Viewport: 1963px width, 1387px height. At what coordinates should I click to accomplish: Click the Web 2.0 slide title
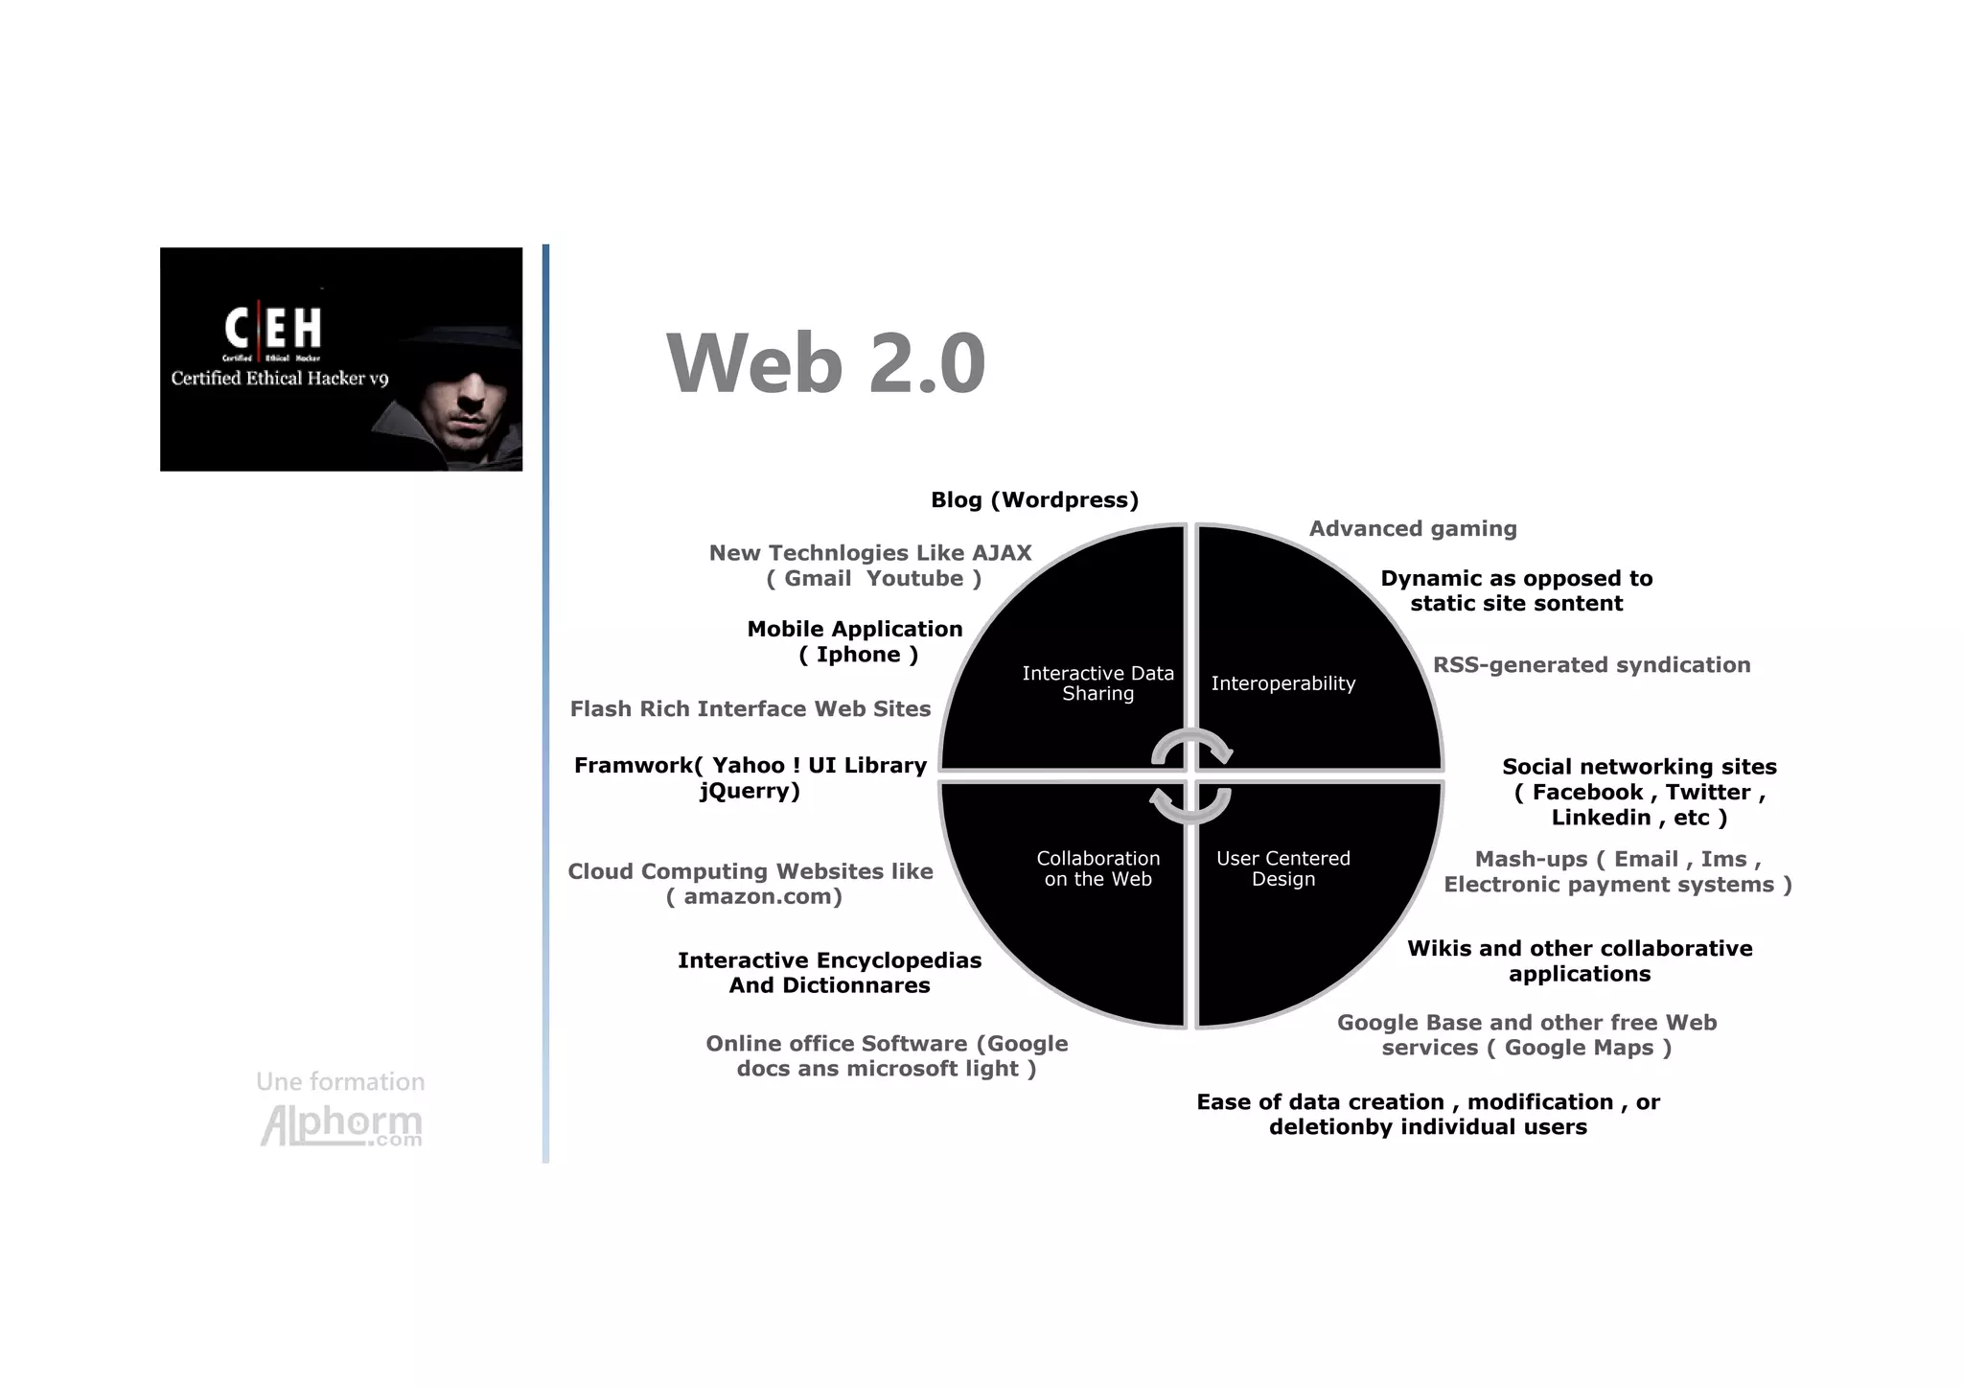[825, 363]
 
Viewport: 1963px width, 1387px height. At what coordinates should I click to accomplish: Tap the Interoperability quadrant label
[1282, 683]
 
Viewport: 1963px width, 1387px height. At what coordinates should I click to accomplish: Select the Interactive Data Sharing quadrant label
[1097, 683]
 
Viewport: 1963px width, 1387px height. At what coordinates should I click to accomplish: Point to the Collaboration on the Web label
[1097, 868]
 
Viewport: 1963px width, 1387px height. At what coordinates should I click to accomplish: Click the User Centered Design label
[1282, 868]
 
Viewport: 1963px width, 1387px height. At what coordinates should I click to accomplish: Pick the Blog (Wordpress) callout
[1034, 500]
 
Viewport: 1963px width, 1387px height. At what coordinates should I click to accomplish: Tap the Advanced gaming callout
[1413, 529]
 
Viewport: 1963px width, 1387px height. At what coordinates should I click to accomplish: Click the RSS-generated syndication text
[1591, 665]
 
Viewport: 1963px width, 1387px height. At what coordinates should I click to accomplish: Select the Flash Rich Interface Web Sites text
[750, 709]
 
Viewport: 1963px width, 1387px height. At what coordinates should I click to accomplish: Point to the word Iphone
[858, 655]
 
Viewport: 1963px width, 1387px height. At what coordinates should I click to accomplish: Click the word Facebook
[1586, 793]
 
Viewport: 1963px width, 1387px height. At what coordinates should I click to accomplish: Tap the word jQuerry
[748, 792]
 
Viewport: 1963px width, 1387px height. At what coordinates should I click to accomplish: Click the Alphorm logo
[341, 1125]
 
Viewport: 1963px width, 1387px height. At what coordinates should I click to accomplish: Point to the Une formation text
[340, 1082]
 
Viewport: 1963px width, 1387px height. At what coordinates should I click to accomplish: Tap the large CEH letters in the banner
[273, 328]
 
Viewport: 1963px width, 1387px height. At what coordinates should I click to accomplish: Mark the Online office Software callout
[887, 1056]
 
